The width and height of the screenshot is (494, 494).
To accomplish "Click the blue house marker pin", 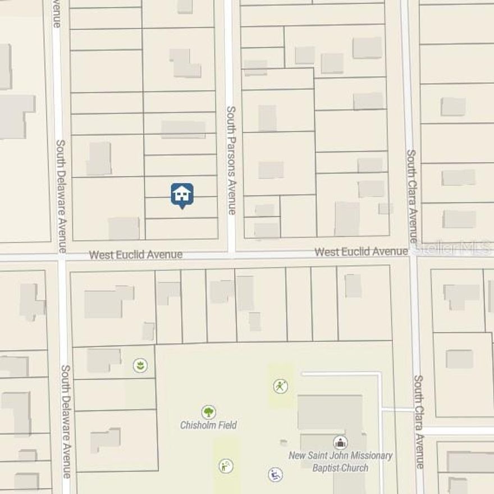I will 182,195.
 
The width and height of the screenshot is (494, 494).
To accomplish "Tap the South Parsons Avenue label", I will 230,160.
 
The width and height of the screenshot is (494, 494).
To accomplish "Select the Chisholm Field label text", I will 208,425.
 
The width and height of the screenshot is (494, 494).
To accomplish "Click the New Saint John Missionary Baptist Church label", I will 340,461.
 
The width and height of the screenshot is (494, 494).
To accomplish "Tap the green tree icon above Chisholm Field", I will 208,413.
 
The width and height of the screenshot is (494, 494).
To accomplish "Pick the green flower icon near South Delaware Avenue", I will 140,366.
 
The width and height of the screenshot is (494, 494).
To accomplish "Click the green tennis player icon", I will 281,386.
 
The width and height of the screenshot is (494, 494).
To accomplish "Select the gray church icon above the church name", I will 340,442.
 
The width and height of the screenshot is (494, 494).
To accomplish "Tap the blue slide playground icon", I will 275,475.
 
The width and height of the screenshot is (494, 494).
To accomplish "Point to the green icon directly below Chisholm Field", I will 226,466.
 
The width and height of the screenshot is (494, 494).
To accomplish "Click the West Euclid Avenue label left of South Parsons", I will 136,255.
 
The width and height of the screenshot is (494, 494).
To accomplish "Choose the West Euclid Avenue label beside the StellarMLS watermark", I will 361,252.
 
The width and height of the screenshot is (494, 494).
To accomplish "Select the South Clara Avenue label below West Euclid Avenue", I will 419,421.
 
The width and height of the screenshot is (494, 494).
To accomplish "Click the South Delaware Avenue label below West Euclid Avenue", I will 66,421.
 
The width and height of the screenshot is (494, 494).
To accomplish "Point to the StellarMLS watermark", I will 455,248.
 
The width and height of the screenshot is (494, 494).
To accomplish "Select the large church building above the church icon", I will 330,412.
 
